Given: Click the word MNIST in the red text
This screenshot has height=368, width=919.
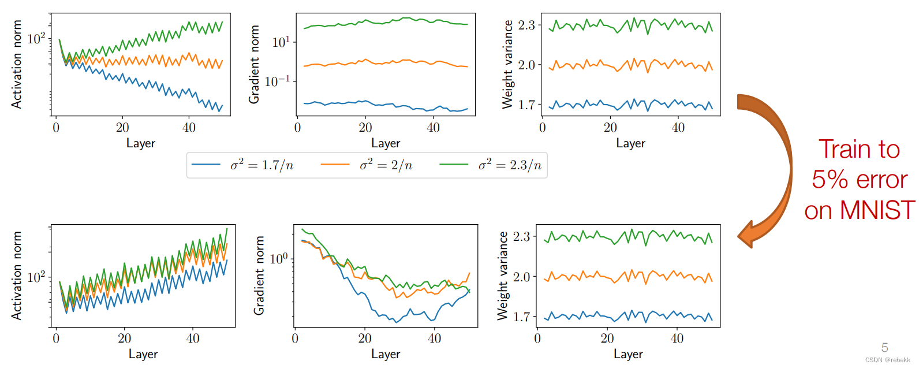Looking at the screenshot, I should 877,210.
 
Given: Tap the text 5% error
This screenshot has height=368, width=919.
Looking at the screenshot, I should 860,180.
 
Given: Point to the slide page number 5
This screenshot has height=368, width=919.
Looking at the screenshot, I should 884,348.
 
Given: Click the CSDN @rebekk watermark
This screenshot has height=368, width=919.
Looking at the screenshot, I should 887,360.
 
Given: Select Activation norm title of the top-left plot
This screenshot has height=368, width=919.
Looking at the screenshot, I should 16,64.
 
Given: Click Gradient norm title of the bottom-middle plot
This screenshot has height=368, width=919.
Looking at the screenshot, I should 259,275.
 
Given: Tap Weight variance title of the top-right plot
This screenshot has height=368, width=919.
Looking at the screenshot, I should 507,64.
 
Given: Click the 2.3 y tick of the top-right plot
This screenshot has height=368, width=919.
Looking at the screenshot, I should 526,25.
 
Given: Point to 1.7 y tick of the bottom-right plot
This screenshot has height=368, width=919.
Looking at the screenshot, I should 522,317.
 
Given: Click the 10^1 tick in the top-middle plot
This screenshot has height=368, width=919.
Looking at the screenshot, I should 281,42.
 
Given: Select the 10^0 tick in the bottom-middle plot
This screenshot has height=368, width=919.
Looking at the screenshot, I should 278,258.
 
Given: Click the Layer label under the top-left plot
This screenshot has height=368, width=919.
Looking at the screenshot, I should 141,143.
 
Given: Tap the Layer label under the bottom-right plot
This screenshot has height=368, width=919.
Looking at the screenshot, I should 628,354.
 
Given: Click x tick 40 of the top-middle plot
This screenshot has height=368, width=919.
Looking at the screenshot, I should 433,128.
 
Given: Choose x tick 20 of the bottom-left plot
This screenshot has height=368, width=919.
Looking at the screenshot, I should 125,339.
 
